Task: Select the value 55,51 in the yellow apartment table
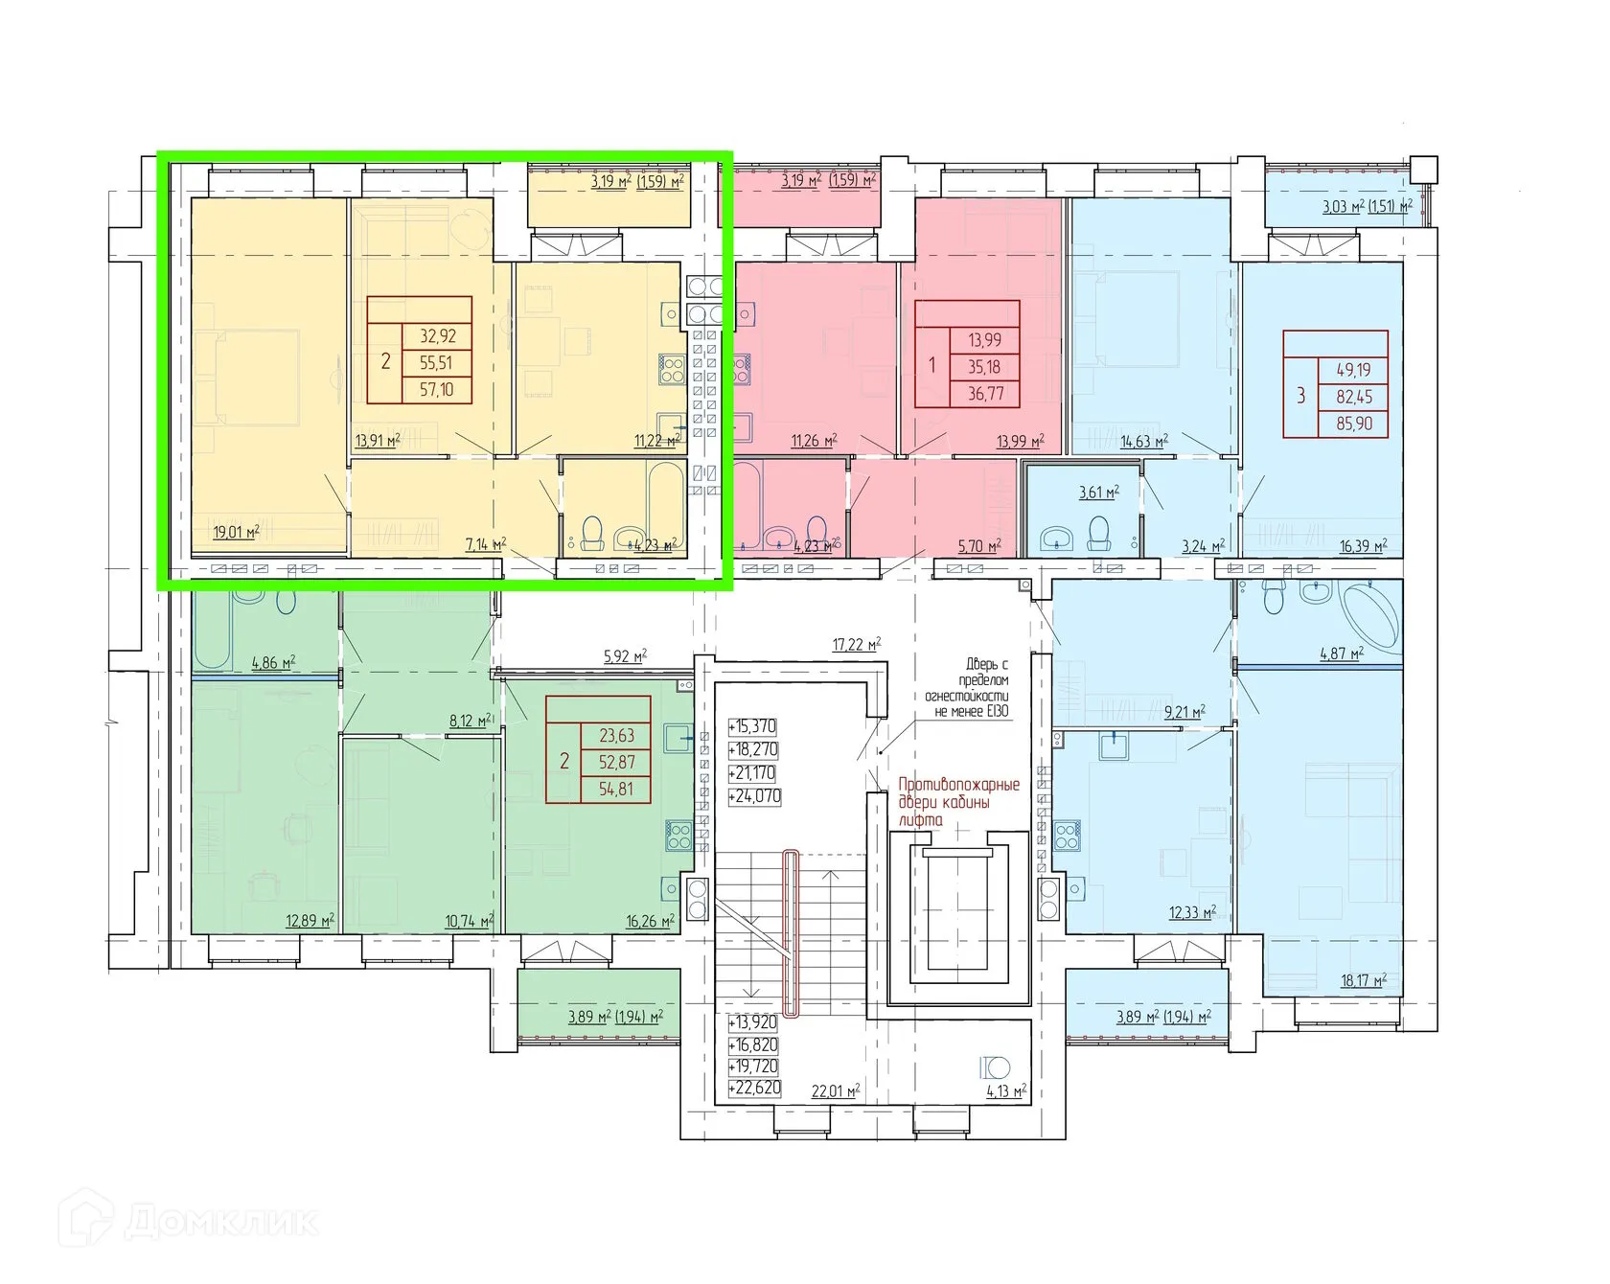[x=436, y=363]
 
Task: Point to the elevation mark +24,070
[x=754, y=796]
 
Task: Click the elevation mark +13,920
[x=752, y=1022]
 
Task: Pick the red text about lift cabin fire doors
[x=958, y=802]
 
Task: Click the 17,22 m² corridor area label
[x=857, y=645]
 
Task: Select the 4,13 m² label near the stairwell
[x=1006, y=1090]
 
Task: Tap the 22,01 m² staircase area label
[x=835, y=1091]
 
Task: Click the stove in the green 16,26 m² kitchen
[x=679, y=836]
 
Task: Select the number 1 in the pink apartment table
[x=931, y=367]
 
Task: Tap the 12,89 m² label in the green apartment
[x=310, y=921]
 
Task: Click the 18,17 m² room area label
[x=1363, y=980]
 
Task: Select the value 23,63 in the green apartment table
[x=616, y=736]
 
